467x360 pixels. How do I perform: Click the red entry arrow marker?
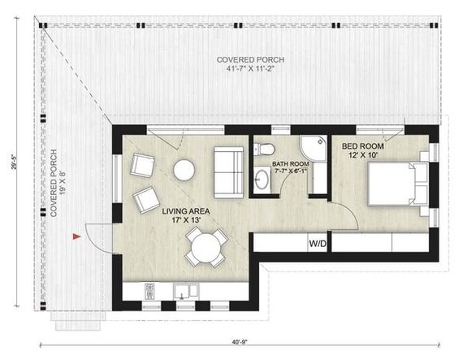76,236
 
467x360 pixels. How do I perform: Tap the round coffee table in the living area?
184,170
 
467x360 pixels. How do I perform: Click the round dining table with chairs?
206,245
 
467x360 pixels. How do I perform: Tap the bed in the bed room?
396,183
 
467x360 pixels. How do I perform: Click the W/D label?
318,243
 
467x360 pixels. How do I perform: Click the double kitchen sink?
186,291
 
